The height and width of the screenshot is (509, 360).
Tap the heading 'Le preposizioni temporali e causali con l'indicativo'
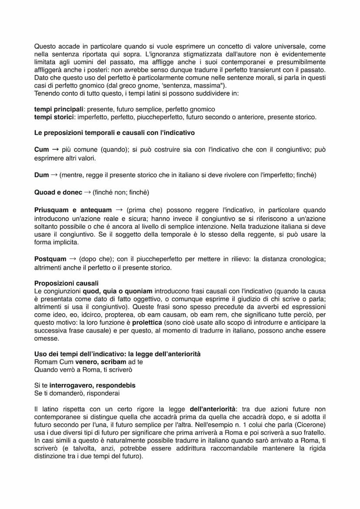click(114, 133)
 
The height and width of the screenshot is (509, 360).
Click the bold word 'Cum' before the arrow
click(41, 150)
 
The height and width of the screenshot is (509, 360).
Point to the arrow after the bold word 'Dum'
click(54, 175)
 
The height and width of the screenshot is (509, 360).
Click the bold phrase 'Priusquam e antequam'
click(73, 210)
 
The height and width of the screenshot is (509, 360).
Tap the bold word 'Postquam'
click(50, 259)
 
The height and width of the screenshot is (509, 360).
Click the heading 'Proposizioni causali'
click(66, 283)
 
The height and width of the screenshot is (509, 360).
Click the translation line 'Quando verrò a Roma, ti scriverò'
click(83, 370)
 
